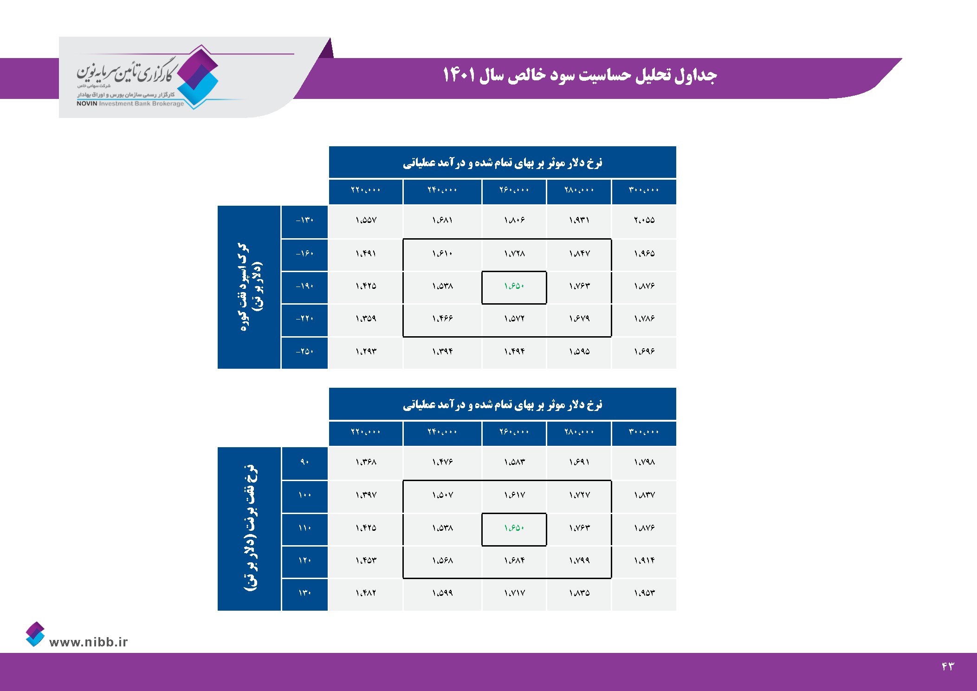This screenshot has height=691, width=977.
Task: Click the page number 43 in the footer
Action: tap(948, 666)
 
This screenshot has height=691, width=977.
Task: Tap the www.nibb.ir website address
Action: tap(88, 642)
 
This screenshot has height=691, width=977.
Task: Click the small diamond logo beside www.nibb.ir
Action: tap(35, 634)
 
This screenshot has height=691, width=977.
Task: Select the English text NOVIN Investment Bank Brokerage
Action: tap(130, 104)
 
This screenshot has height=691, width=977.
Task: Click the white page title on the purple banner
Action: tap(580, 75)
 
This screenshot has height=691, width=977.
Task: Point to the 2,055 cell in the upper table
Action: tap(644, 220)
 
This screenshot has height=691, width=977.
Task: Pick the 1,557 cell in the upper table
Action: tap(366, 220)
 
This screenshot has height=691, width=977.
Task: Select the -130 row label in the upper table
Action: tap(304, 220)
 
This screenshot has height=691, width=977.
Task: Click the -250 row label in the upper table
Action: tap(304, 352)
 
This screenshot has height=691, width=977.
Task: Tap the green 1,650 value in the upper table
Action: tap(514, 286)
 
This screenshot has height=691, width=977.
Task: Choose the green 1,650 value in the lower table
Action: tap(514, 528)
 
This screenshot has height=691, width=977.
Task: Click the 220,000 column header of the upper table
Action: tap(366, 190)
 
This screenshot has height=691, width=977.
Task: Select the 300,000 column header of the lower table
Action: tap(644, 432)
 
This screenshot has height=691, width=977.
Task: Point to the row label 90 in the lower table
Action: tap(304, 462)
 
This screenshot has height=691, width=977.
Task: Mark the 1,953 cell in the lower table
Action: tap(644, 593)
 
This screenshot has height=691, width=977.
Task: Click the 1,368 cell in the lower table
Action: tap(366, 462)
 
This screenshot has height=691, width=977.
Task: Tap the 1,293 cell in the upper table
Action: tap(366, 352)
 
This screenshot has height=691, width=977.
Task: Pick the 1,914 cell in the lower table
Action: tap(644, 561)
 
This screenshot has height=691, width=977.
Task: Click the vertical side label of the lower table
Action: tap(250, 528)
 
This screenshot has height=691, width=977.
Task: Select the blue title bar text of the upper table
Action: tap(502, 163)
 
